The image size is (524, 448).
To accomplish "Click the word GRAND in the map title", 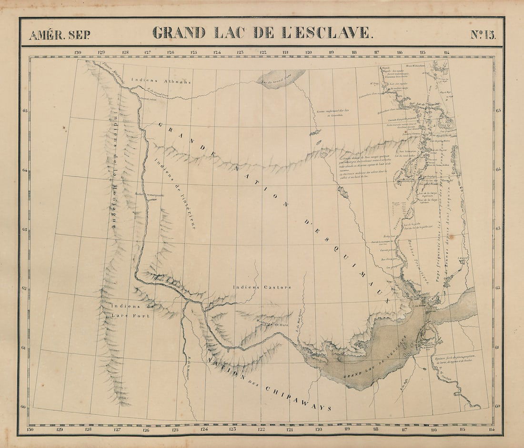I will [179, 33].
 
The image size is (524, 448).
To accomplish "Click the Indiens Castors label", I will [262, 287].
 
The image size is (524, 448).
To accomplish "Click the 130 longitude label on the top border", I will [78, 52].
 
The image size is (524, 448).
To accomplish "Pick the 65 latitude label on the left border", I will [25, 110].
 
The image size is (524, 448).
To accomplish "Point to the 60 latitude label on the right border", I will [498, 406].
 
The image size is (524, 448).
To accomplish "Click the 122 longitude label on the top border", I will [262, 52].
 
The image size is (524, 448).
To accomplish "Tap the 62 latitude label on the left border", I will [25, 289].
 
